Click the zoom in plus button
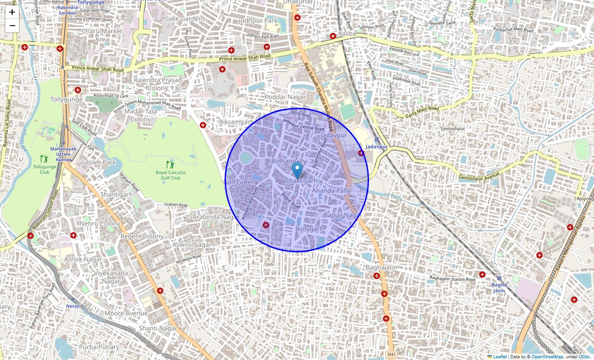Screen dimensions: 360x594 [x=12, y=12]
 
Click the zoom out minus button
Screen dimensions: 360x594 [x=12, y=26]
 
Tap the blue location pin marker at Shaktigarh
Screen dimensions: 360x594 [x=296, y=170]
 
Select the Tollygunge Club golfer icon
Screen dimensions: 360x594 [x=44, y=158]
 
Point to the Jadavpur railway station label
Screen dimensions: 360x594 [x=377, y=147]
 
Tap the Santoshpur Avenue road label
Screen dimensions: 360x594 [x=482, y=178]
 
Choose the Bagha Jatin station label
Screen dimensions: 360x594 [x=499, y=288]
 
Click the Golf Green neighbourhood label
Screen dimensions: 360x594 [x=239, y=182]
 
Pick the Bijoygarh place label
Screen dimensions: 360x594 [x=310, y=229]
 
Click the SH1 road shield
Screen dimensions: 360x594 [x=392, y=354]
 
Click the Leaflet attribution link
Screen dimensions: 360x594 [x=500, y=357]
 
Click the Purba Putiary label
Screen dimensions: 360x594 [x=99, y=346]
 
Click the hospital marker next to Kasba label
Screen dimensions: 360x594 [x=333, y=36]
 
